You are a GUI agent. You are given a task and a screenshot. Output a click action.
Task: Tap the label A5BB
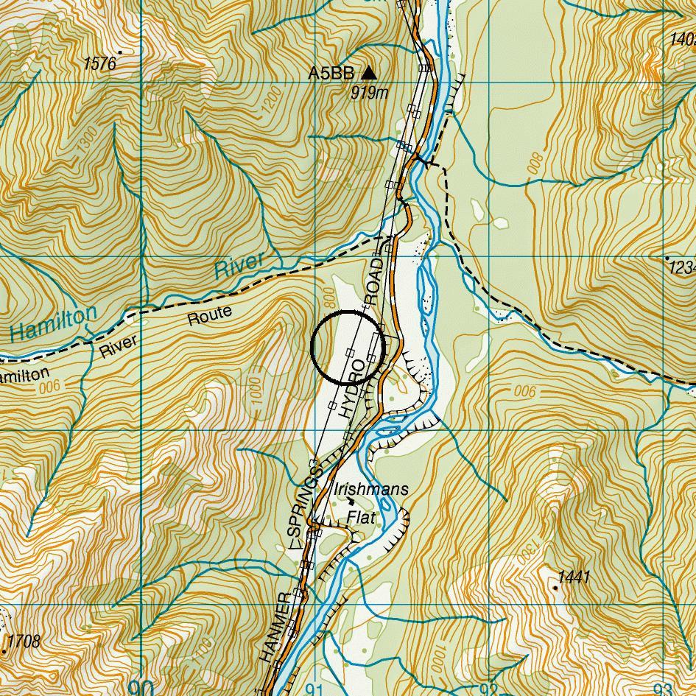331,73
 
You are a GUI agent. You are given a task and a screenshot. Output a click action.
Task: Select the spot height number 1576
99,64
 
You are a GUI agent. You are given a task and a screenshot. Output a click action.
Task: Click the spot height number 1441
574,577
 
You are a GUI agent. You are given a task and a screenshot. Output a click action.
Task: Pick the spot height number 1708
22,641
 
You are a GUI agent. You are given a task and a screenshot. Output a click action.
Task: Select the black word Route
210,316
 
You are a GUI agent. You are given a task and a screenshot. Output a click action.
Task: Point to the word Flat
361,518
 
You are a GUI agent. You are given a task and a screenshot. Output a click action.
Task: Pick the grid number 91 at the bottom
314,689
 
